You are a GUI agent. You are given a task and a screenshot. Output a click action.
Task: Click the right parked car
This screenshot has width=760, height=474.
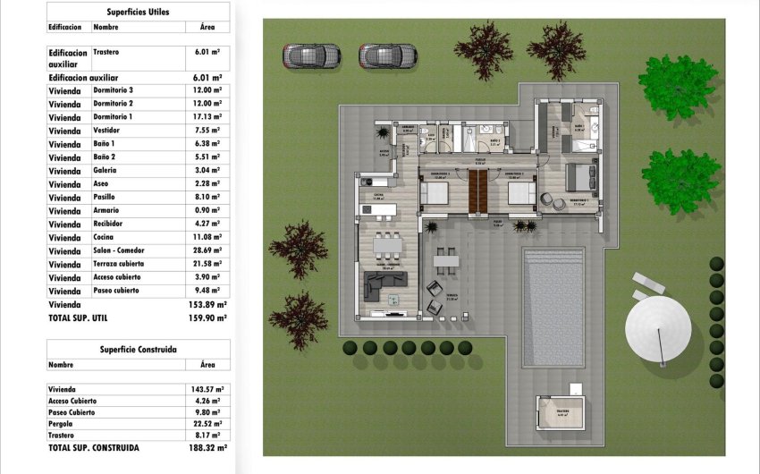tap(388, 56)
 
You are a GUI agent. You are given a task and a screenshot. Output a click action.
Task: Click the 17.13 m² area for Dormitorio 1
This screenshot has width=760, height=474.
tap(207, 117)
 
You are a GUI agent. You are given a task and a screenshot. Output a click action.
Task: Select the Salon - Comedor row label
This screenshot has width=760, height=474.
tap(122, 251)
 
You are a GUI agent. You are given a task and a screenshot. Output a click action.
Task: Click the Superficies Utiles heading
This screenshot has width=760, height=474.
tap(138, 12)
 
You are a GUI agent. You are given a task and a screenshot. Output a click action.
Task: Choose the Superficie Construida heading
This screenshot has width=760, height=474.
tap(138, 349)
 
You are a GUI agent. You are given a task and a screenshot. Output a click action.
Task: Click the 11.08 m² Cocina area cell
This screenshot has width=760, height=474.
tap(207, 238)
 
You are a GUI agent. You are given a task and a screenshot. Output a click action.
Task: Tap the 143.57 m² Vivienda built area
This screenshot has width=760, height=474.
tap(207, 390)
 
